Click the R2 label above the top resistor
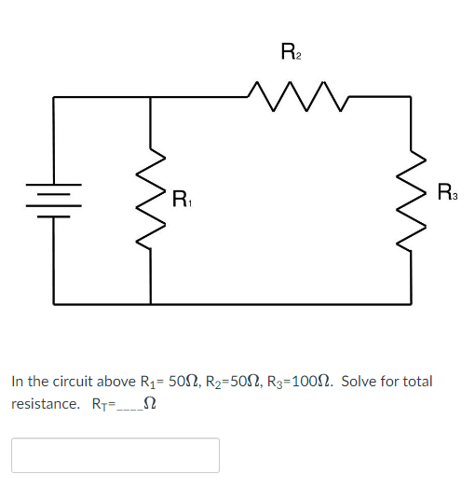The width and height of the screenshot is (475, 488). [x=289, y=51]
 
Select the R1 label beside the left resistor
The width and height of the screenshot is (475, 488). [x=182, y=199]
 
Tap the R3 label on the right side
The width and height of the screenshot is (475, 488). [x=447, y=194]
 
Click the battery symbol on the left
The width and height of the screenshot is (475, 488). [x=53, y=200]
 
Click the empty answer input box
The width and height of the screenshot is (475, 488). [x=115, y=454]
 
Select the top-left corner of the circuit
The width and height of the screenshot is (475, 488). [x=53, y=96]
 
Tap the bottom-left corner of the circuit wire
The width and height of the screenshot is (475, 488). [x=53, y=303]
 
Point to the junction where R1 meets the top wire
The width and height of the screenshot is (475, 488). [x=151, y=96]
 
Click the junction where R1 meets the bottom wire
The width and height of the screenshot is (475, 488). [x=151, y=303]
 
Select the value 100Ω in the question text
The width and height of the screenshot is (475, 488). [x=309, y=382]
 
